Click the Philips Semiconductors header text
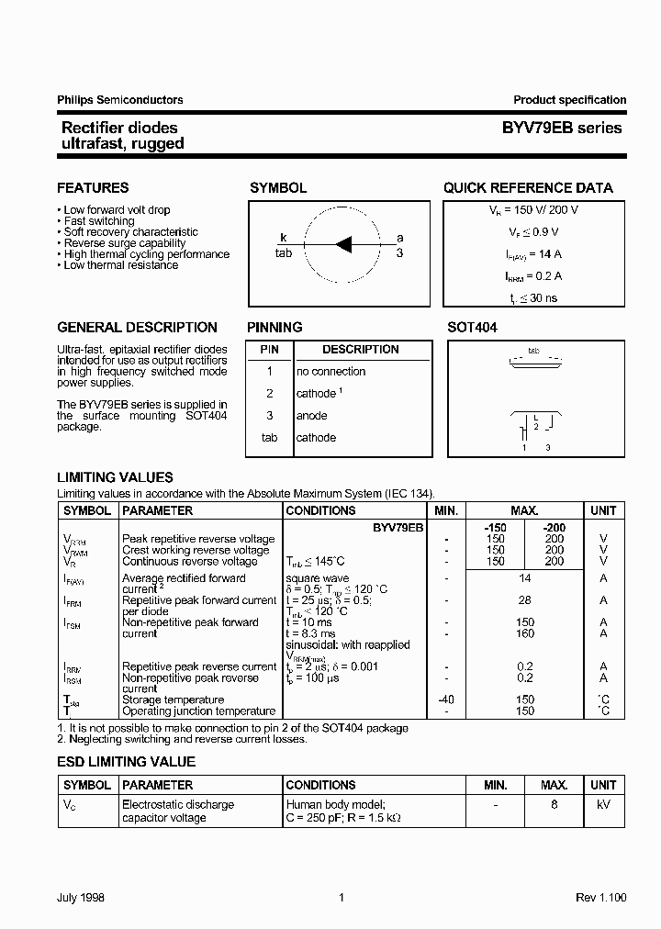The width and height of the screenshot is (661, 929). coord(119,100)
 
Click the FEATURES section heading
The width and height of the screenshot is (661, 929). coord(93,188)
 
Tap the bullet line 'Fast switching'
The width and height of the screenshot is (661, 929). coord(99,221)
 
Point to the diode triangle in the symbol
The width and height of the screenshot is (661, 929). coord(344,244)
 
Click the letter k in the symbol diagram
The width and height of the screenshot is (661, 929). coord(284,238)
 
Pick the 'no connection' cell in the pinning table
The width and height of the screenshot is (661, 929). coord(330,372)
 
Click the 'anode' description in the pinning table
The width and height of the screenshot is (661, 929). coord(311,416)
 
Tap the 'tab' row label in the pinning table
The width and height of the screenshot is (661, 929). coord(269,438)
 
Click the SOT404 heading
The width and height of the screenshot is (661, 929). coord(472,328)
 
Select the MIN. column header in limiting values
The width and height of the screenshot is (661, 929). coord(445,510)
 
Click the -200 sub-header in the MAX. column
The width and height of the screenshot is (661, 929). coord(554,528)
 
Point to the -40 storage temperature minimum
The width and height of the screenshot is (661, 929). coord(445,700)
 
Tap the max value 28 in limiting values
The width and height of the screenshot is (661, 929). coord(525,600)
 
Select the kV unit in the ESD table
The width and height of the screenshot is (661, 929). coord(603,805)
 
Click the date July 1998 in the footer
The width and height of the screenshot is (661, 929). coord(83,898)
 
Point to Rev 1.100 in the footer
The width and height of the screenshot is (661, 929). coord(600,898)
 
